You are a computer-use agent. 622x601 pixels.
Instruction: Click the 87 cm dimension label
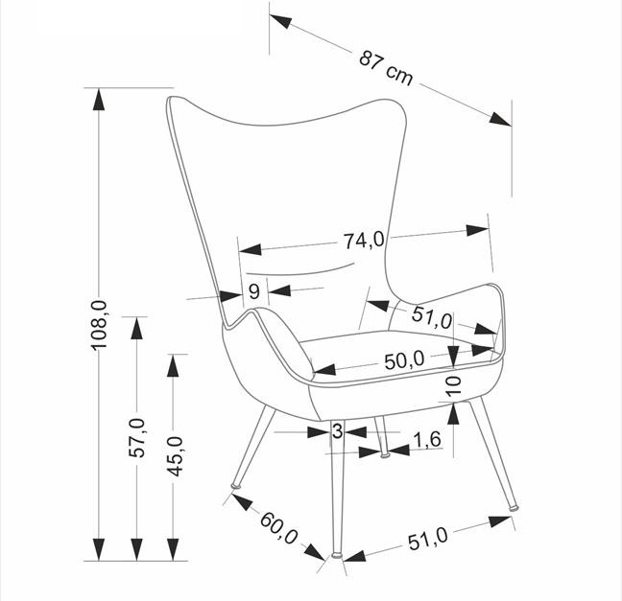[x=386, y=69]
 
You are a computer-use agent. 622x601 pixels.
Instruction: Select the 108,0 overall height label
[x=99, y=325]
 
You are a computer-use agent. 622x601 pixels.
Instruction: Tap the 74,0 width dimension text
[x=364, y=240]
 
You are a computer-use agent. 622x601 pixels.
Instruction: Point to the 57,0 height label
[x=137, y=438]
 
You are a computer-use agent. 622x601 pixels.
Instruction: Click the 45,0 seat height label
[x=175, y=456]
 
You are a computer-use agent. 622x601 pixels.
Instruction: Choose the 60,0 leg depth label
[x=279, y=528]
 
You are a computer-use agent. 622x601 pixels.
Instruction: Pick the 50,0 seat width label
[x=404, y=360]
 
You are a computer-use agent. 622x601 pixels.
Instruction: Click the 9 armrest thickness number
[x=253, y=292]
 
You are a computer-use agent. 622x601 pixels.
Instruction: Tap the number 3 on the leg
[x=337, y=431]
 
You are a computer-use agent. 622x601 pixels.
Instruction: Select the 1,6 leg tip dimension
[x=427, y=440]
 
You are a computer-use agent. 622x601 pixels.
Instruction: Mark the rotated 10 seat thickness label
[x=453, y=386]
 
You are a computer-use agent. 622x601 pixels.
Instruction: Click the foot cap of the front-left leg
[x=337, y=555]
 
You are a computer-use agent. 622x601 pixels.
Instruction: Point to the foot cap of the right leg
[x=514, y=507]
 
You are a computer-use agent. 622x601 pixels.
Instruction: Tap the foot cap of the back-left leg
[x=236, y=486]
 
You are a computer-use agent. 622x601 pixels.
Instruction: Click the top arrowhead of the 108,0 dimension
[x=99, y=99]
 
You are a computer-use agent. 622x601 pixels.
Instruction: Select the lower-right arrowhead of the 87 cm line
[x=500, y=119]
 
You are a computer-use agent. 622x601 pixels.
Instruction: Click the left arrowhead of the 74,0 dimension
[x=251, y=249]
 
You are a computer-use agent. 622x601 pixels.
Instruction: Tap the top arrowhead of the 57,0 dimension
[x=137, y=328]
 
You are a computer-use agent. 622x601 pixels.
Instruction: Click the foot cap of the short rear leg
[x=384, y=456]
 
